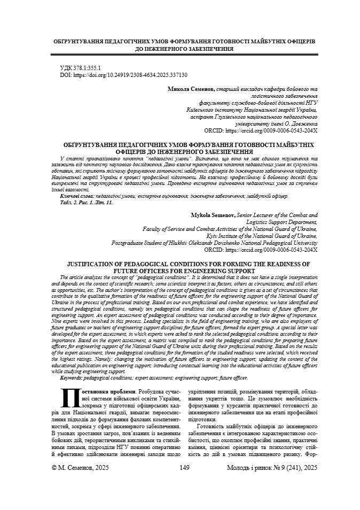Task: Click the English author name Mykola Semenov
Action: click(x=213, y=214)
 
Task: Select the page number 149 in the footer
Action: click(x=185, y=483)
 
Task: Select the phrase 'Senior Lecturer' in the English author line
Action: click(x=255, y=214)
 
